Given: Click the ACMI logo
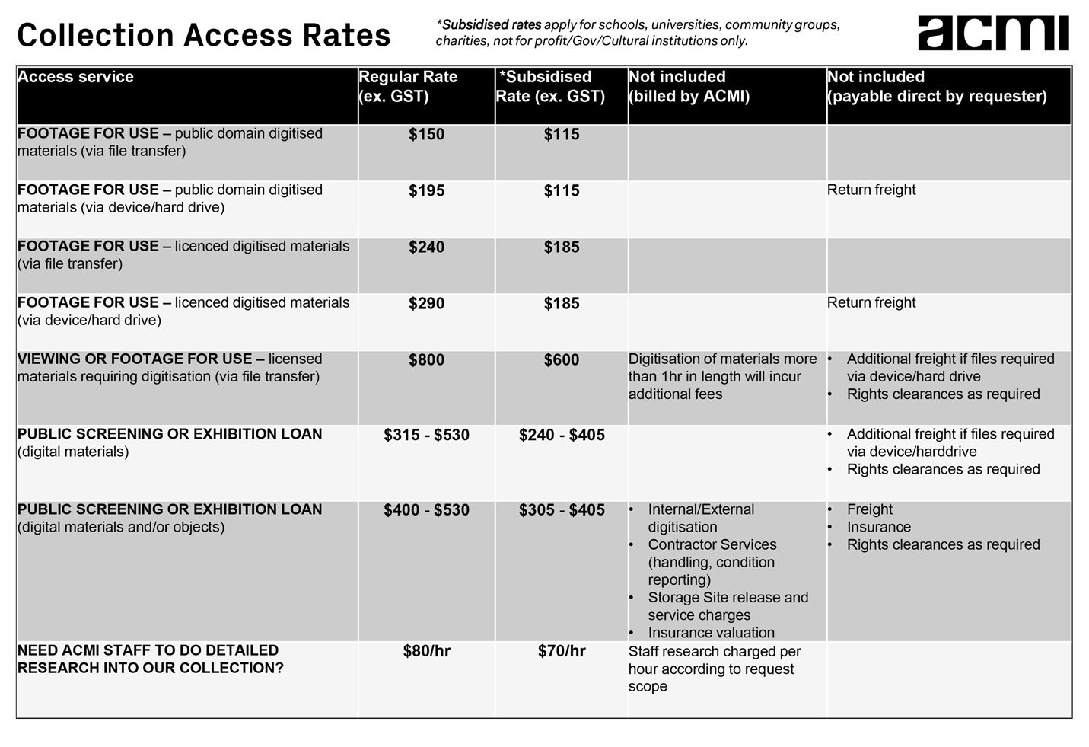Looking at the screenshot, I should click(x=992, y=33).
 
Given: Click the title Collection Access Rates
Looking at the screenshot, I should click(x=204, y=35).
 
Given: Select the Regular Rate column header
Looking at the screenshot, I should click(x=408, y=86).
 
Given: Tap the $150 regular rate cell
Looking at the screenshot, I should click(x=426, y=135).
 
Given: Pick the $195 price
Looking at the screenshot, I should click(x=426, y=191).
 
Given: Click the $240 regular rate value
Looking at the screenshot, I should click(x=426, y=247).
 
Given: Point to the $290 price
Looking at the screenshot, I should click(x=426, y=304).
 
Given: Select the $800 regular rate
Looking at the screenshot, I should click(x=426, y=360).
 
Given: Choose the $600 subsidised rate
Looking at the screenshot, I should click(x=562, y=360).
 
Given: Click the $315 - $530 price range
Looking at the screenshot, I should click(x=426, y=436).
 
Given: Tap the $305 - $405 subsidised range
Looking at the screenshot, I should click(x=562, y=510).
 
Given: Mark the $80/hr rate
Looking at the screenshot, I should click(x=426, y=652).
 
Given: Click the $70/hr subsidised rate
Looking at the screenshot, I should click(x=562, y=652).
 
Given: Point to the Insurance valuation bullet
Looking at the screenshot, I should click(x=711, y=633).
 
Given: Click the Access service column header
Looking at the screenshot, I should click(x=75, y=77).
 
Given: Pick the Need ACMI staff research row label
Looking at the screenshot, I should click(x=150, y=659).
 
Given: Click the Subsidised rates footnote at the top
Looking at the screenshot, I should click(x=638, y=33).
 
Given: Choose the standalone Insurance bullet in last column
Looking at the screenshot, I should click(x=878, y=527).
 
